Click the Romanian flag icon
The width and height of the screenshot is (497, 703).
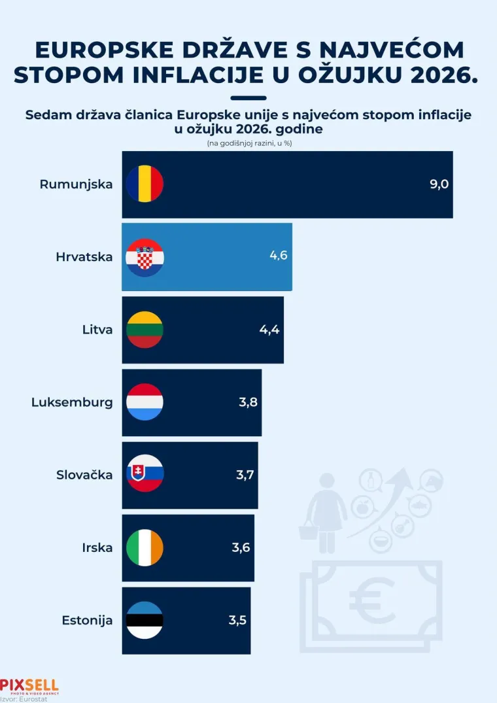click(145, 184)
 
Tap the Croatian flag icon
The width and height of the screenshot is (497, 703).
click(145, 257)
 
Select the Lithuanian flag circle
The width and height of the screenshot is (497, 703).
click(145, 330)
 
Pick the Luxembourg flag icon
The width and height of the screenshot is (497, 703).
click(145, 402)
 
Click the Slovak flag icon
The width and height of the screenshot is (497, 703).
click(145, 475)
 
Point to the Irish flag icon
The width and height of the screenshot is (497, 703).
click(145, 547)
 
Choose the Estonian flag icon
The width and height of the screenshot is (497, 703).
click(145, 620)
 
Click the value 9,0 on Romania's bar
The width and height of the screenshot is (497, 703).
click(439, 184)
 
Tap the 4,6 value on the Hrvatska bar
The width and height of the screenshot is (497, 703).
click(279, 255)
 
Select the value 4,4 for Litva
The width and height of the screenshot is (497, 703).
click(269, 330)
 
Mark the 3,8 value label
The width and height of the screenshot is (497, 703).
click(248, 402)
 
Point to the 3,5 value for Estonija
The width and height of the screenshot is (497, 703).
click(237, 620)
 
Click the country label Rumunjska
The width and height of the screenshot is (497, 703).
click(76, 184)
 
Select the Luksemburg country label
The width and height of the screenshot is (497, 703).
click(72, 402)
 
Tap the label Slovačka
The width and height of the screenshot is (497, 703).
click(84, 475)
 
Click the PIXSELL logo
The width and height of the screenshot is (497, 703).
click(29, 685)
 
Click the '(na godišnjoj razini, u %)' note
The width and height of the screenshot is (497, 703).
click(248, 143)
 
